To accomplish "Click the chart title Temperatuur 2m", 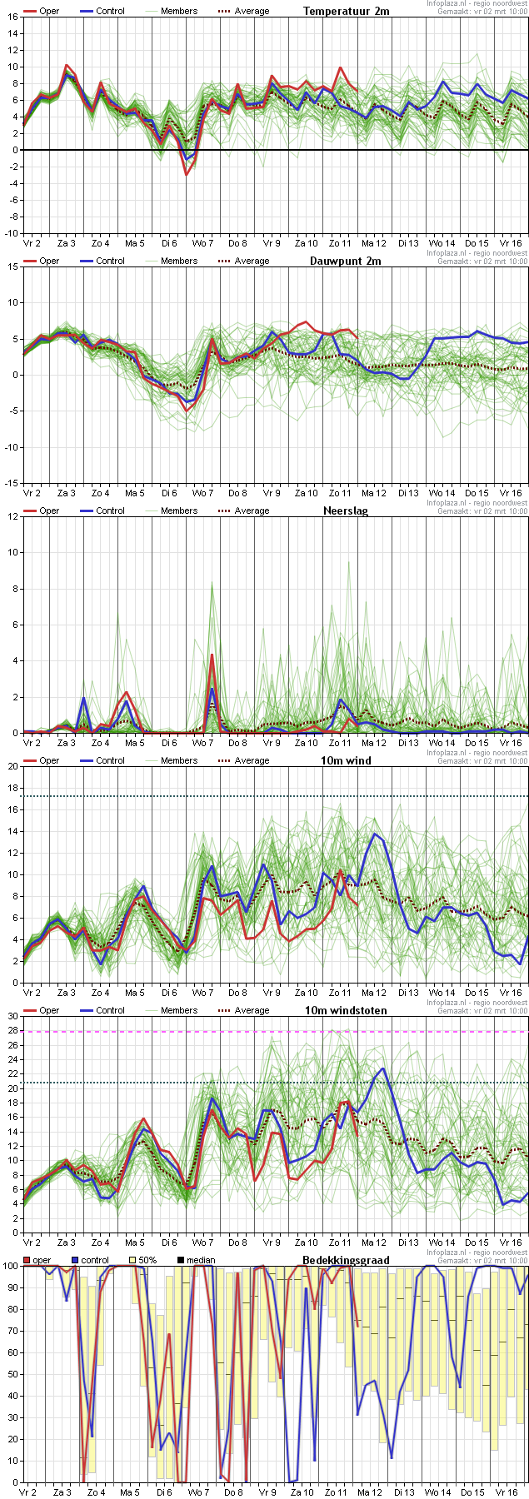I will click(346, 11).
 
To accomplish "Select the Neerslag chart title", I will click(345, 510).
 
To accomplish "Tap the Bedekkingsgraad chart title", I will click(346, 1260).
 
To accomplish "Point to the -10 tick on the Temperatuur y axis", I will click(11, 233).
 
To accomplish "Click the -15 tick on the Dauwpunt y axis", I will click(11, 483).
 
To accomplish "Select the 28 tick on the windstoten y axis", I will click(12, 1032).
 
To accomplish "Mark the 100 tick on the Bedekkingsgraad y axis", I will click(9, 1266).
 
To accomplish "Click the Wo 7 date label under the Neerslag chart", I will click(202, 743).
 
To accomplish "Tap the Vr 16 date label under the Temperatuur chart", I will click(511, 243).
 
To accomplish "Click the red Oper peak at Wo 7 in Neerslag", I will click(212, 655).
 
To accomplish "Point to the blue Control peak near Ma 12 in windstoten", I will click(382, 1068).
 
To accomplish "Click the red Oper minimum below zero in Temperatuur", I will click(187, 174).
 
